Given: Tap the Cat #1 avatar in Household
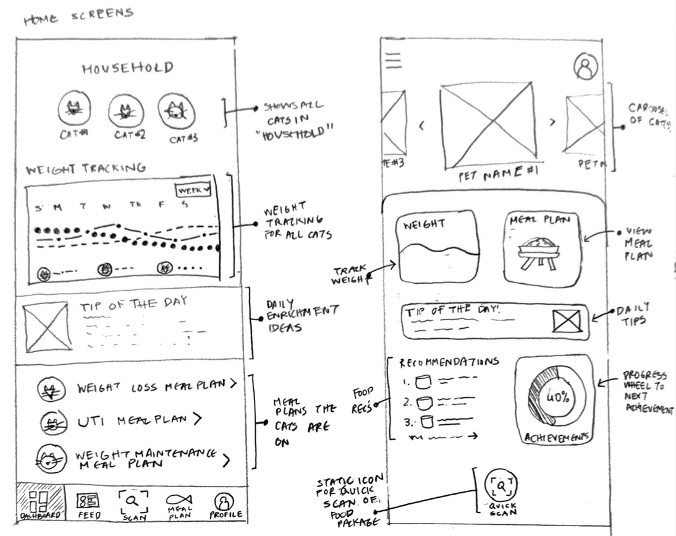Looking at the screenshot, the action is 74,110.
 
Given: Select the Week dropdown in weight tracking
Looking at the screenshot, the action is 193,190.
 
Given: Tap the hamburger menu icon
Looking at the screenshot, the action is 393,59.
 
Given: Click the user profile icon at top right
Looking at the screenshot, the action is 585,67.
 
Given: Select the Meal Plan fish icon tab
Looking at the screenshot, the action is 177,504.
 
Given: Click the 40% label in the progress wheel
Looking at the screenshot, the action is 557,397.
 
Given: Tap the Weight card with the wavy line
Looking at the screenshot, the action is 437,245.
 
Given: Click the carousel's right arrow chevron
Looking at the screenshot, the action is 552,122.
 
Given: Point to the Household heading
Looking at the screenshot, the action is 127,67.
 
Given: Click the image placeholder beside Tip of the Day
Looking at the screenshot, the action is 47,327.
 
